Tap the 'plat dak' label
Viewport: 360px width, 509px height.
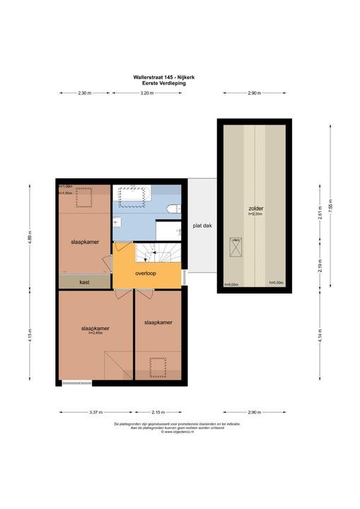(x=202, y=226)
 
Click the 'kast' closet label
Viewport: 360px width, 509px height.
(x=84, y=282)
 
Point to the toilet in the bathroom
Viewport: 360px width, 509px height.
(x=172, y=207)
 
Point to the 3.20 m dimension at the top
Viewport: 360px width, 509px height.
(x=146, y=93)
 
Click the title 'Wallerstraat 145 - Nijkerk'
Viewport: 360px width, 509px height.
(x=160, y=78)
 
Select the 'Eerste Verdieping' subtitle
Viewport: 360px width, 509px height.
(x=160, y=83)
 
